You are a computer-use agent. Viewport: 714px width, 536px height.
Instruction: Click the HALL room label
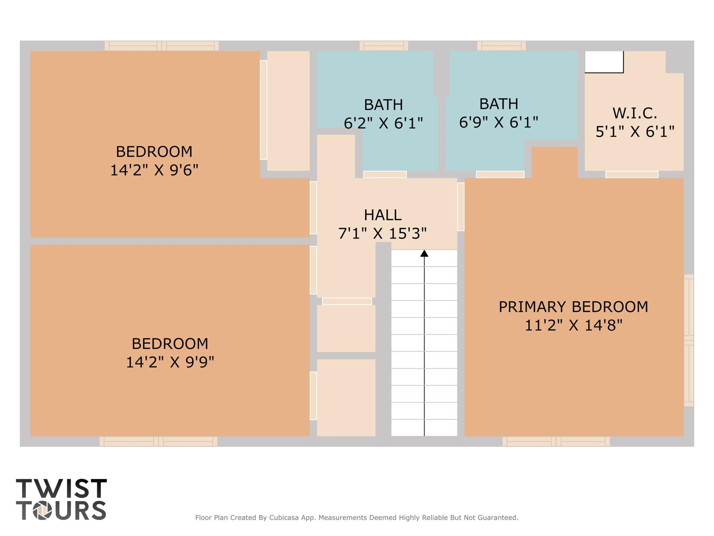click(x=383, y=215)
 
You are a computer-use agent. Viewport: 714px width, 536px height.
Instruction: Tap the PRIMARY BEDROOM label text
click(x=573, y=307)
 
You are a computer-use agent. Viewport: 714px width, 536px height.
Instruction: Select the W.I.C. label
click(x=634, y=113)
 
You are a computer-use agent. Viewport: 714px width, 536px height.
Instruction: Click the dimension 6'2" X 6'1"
click(x=383, y=123)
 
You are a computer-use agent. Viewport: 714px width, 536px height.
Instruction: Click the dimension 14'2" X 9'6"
click(x=154, y=170)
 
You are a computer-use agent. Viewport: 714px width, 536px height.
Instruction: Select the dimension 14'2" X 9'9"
click(x=170, y=362)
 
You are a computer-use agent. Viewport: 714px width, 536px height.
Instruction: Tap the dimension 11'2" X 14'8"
click(x=573, y=325)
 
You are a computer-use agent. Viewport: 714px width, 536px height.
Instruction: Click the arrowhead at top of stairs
click(x=424, y=254)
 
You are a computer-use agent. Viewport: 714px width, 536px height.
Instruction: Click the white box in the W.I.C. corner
click(x=604, y=62)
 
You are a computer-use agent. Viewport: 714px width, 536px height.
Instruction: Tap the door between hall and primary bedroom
click(x=461, y=206)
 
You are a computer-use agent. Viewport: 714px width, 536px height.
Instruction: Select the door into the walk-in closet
click(x=632, y=174)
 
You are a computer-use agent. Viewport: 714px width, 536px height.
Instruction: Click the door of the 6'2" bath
click(x=385, y=174)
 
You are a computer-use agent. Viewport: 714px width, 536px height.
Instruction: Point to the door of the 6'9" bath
click(x=500, y=174)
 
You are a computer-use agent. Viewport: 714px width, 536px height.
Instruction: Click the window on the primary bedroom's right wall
click(x=689, y=340)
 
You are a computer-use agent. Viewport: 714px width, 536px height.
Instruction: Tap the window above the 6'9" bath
click(x=501, y=46)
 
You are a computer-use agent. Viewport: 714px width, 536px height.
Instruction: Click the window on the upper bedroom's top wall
click(x=161, y=46)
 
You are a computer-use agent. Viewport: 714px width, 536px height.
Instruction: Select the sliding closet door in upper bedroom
click(x=263, y=110)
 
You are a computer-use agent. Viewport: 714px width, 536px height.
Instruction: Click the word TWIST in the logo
click(x=61, y=489)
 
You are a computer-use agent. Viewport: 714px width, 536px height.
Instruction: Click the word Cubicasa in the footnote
click(x=284, y=518)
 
